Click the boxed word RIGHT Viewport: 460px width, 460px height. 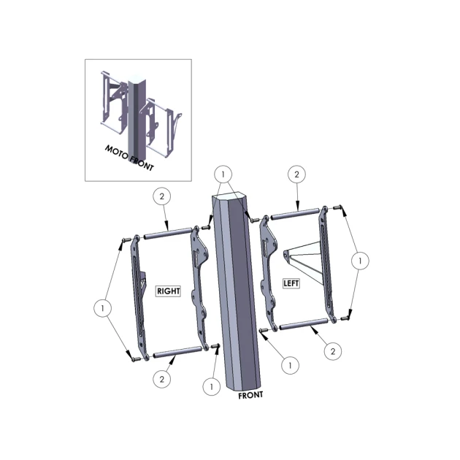pos(168,291)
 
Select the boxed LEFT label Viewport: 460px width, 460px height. pos(291,283)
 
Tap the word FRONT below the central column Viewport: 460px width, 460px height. pos(250,396)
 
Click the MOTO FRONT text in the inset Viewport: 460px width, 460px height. pos(129,158)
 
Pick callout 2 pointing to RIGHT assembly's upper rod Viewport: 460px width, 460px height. pos(162,196)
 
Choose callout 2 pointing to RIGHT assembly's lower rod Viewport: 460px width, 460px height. pos(162,380)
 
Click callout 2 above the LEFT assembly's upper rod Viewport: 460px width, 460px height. pos(296,175)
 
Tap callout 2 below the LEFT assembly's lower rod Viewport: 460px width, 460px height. pos(333,351)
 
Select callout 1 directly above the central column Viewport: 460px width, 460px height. pos(223,175)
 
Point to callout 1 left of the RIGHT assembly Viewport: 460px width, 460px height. pos(102,308)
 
